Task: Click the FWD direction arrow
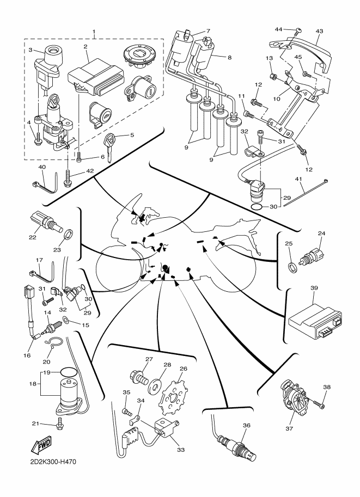40,447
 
